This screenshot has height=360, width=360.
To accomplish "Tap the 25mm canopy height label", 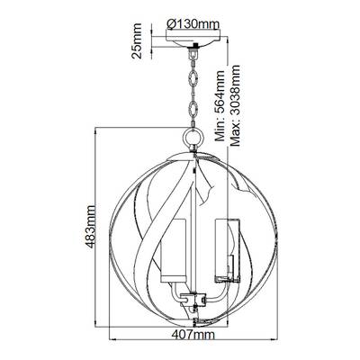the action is [x=137, y=40].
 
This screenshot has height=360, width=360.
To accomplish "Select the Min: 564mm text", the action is [x=220, y=105].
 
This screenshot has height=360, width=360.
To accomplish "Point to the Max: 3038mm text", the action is [x=235, y=105].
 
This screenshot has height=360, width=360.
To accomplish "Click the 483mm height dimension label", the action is [x=90, y=227].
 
